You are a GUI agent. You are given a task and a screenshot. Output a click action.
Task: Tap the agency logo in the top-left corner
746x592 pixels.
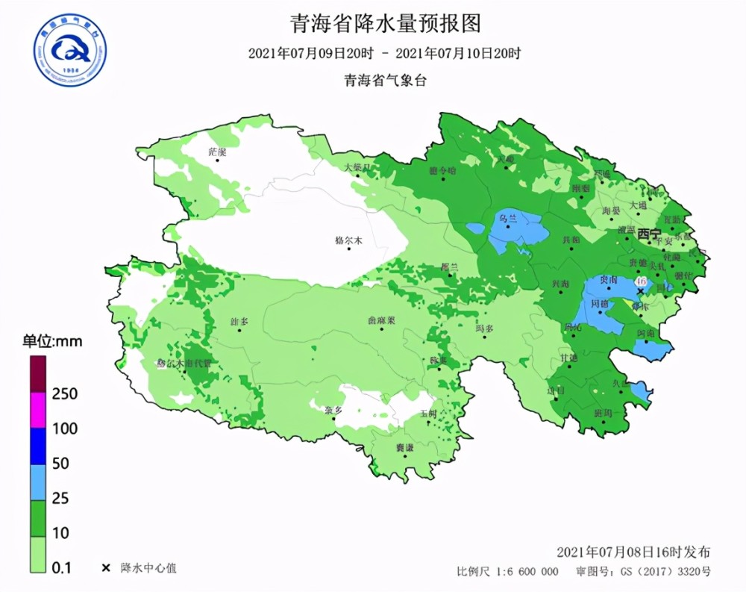(69, 50)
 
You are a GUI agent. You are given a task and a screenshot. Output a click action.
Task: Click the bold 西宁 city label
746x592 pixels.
(648, 234)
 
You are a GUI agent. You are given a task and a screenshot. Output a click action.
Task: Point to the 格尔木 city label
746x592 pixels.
(348, 240)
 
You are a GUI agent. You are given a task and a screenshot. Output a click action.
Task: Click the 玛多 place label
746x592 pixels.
(485, 328)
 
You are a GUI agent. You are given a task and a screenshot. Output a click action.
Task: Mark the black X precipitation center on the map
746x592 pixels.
(639, 291)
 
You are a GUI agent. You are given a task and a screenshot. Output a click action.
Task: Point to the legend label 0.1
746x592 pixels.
(63, 568)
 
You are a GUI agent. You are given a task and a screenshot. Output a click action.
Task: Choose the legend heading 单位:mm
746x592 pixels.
(51, 342)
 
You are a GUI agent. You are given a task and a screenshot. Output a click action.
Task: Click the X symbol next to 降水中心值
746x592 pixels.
(105, 568)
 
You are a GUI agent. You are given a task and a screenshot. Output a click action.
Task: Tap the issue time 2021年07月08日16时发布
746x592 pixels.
(633, 552)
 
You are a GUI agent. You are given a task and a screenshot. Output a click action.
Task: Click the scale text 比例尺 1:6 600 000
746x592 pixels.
(507, 572)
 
